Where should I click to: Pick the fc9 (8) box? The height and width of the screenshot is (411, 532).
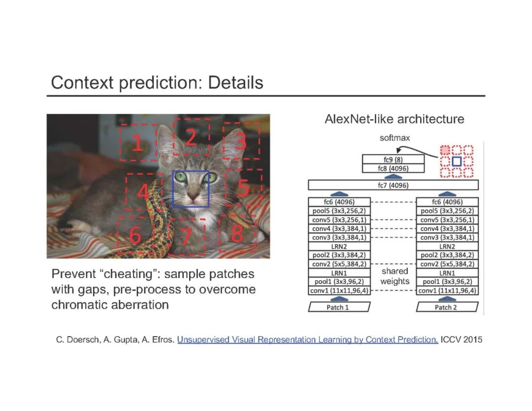coord(393,160)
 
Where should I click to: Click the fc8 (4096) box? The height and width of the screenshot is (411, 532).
coord(393,169)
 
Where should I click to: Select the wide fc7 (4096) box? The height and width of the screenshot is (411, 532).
coord(393,186)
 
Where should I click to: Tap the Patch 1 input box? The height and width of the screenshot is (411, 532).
coord(338,308)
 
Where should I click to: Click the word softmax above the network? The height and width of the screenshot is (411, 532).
coord(394,138)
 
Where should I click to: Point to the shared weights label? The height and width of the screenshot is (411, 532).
coord(395,276)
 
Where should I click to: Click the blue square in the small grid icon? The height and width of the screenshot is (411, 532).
coord(457,161)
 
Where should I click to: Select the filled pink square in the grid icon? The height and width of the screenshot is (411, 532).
coord(445,150)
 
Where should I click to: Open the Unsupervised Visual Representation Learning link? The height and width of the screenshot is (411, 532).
coord(307,340)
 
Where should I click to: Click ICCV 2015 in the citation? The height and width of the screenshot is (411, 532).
coord(462,340)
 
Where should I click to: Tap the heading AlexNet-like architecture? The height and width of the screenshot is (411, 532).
coord(394,119)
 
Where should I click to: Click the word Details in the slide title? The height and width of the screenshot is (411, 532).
coord(235,83)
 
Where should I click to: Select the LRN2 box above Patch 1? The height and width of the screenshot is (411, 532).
coord(338,246)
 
